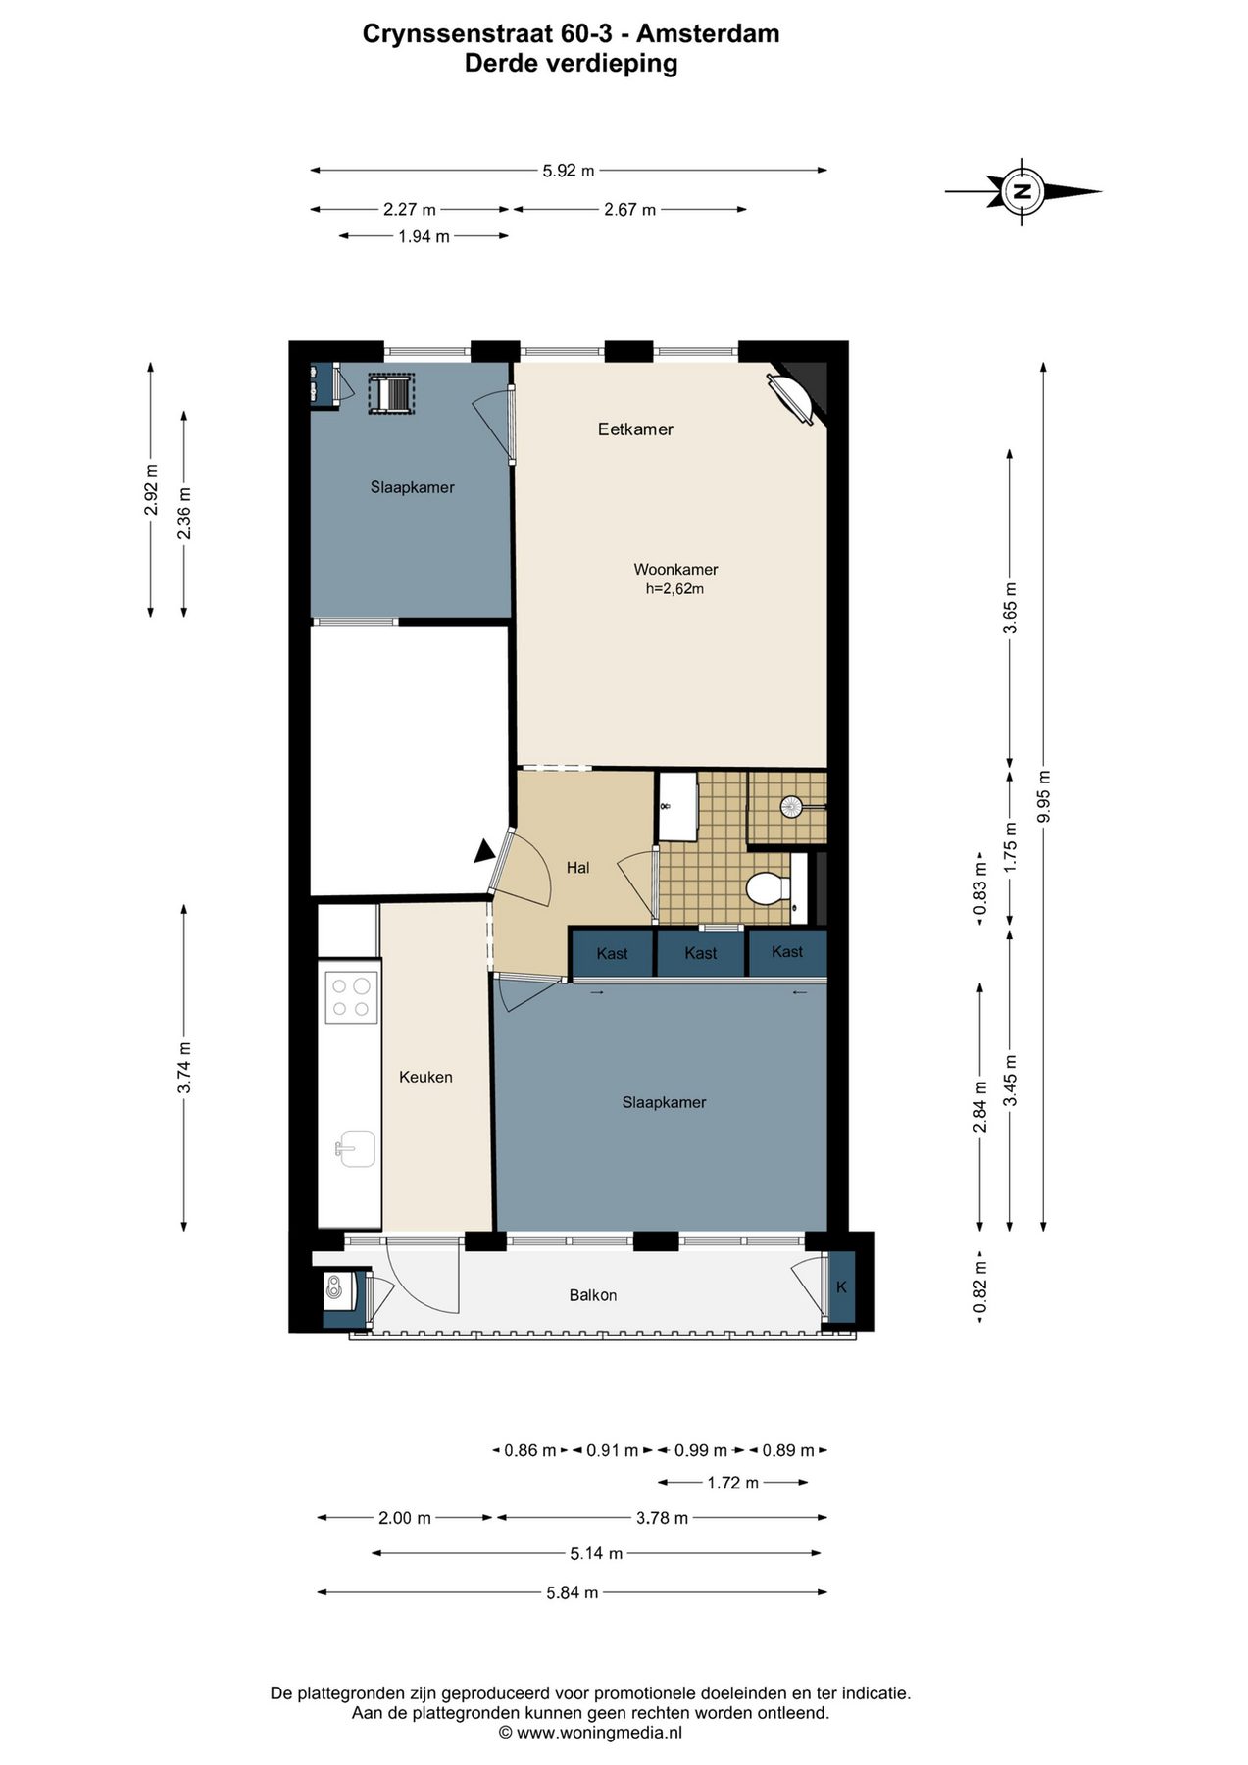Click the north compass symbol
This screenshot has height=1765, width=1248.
click(x=1023, y=191)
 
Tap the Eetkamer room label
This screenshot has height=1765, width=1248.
click(x=635, y=429)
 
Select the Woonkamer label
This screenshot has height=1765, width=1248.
click(x=675, y=569)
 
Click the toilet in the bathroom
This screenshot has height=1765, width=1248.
click(x=769, y=888)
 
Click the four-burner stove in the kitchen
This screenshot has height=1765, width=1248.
click(x=351, y=997)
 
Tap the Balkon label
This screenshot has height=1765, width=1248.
click(x=593, y=1295)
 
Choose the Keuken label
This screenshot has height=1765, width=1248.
click(x=425, y=1077)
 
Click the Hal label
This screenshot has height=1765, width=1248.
click(x=578, y=867)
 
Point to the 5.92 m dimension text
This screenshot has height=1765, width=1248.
click(x=569, y=171)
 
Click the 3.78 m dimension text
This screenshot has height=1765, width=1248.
click(x=662, y=1518)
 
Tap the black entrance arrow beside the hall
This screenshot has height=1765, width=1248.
click(x=484, y=852)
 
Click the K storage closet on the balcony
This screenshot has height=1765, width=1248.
click(x=841, y=1286)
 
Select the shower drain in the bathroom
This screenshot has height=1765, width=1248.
click(x=791, y=807)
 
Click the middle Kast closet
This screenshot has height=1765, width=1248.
click(x=701, y=953)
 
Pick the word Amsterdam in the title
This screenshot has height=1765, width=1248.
click(x=708, y=33)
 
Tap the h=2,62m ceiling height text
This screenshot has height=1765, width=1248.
click(x=674, y=589)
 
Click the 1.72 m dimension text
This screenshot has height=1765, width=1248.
click(x=732, y=1483)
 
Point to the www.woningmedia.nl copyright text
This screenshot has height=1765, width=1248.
click(x=590, y=1733)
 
